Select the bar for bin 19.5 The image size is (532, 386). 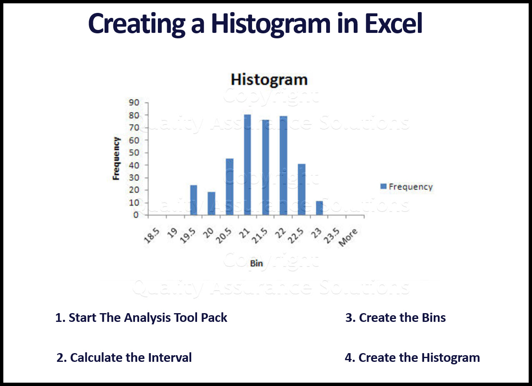point(193,200)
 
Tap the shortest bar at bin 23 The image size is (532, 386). point(319,208)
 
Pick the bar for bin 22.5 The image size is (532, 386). point(302,189)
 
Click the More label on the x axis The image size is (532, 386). point(348,238)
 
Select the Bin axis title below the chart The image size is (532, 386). point(256,263)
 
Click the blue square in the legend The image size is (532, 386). point(383,187)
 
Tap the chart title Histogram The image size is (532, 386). point(269,79)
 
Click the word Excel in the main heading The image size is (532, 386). point(394,24)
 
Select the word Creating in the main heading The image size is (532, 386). point(132,25)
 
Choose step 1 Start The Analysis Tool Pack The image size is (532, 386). point(141,318)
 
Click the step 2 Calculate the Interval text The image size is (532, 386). point(124,357)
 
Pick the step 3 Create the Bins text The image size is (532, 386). point(395,318)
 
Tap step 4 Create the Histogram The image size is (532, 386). point(412,357)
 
